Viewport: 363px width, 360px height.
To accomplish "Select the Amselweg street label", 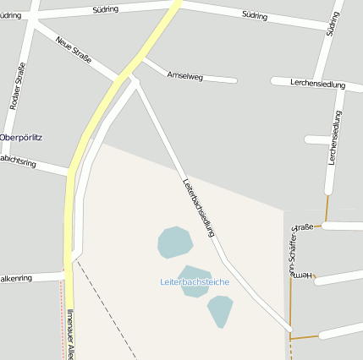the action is click(185, 76).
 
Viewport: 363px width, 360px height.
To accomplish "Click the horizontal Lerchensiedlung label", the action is click(317, 85).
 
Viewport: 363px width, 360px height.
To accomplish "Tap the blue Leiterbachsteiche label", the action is click(195, 281).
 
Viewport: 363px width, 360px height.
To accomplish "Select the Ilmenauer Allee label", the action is click(71, 335).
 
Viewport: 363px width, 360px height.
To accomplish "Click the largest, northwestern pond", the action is click(174, 243).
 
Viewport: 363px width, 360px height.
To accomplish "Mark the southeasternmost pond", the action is click(220, 309).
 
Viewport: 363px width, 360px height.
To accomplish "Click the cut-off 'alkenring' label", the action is click(15, 277).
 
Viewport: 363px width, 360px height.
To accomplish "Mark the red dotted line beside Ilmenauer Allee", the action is click(61, 321).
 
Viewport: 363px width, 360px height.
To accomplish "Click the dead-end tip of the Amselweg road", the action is click(234, 81).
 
